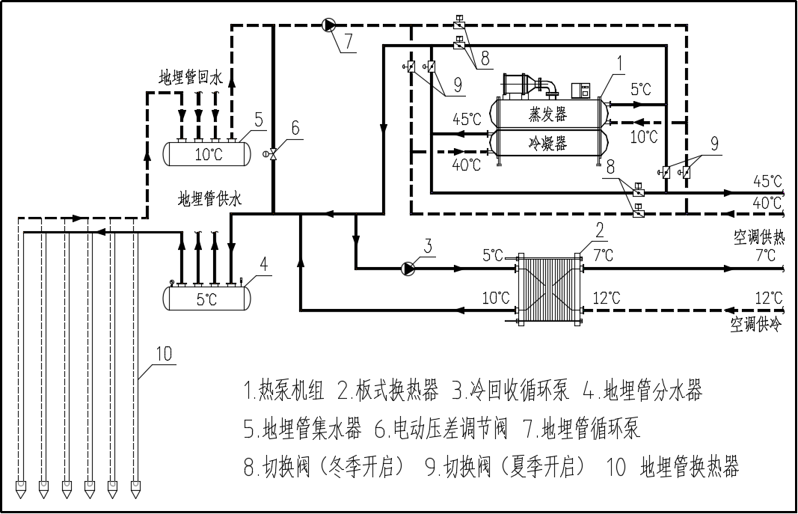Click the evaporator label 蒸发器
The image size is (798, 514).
[x=548, y=114]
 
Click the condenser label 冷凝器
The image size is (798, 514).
[x=548, y=142]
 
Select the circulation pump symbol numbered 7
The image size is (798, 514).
[x=329, y=25]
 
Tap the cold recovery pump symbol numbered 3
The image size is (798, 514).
[x=408, y=267]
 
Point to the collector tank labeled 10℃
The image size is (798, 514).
[x=207, y=153]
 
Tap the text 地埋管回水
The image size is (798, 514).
[x=191, y=77]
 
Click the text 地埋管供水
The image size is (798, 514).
[x=210, y=199]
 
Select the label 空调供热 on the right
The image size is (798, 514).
[x=758, y=238]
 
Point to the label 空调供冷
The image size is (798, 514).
[x=755, y=325]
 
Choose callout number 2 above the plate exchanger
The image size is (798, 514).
[x=599, y=227]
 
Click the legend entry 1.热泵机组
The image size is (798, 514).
[x=284, y=390]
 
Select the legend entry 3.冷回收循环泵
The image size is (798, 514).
[x=511, y=390]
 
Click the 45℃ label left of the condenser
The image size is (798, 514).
[x=467, y=118]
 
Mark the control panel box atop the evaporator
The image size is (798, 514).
[x=581, y=90]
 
